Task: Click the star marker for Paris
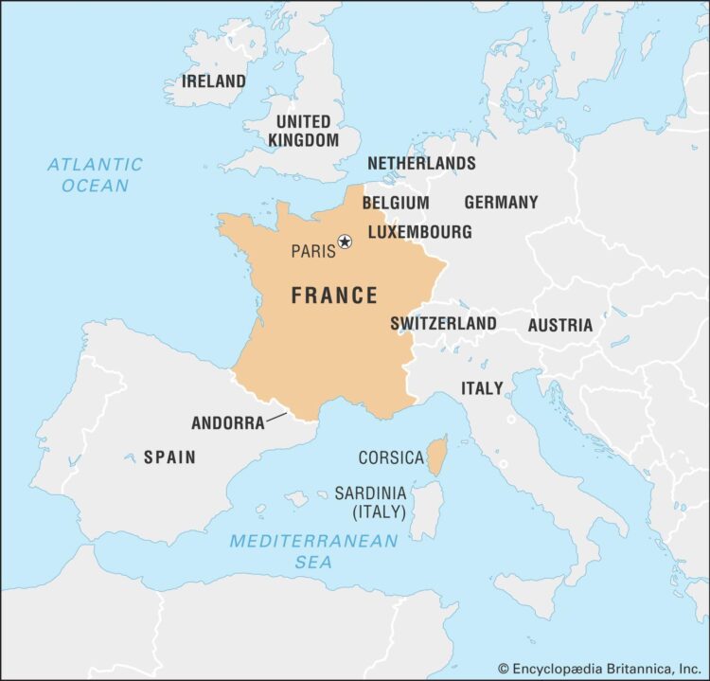[345, 242]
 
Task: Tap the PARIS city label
[312, 251]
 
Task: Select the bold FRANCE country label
[334, 296]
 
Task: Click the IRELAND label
[213, 81]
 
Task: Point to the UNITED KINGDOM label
[303, 131]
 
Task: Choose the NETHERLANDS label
[421, 164]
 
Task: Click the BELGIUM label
[396, 203]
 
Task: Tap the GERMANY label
[501, 202]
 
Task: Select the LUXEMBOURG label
[419, 232]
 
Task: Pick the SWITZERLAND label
[443, 324]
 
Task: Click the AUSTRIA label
[560, 325]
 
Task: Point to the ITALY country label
[482, 388]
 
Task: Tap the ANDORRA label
[228, 423]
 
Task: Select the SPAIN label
[169, 457]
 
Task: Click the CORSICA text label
[391, 457]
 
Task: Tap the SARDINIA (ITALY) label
[370, 503]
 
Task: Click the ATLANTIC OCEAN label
[95, 174]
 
